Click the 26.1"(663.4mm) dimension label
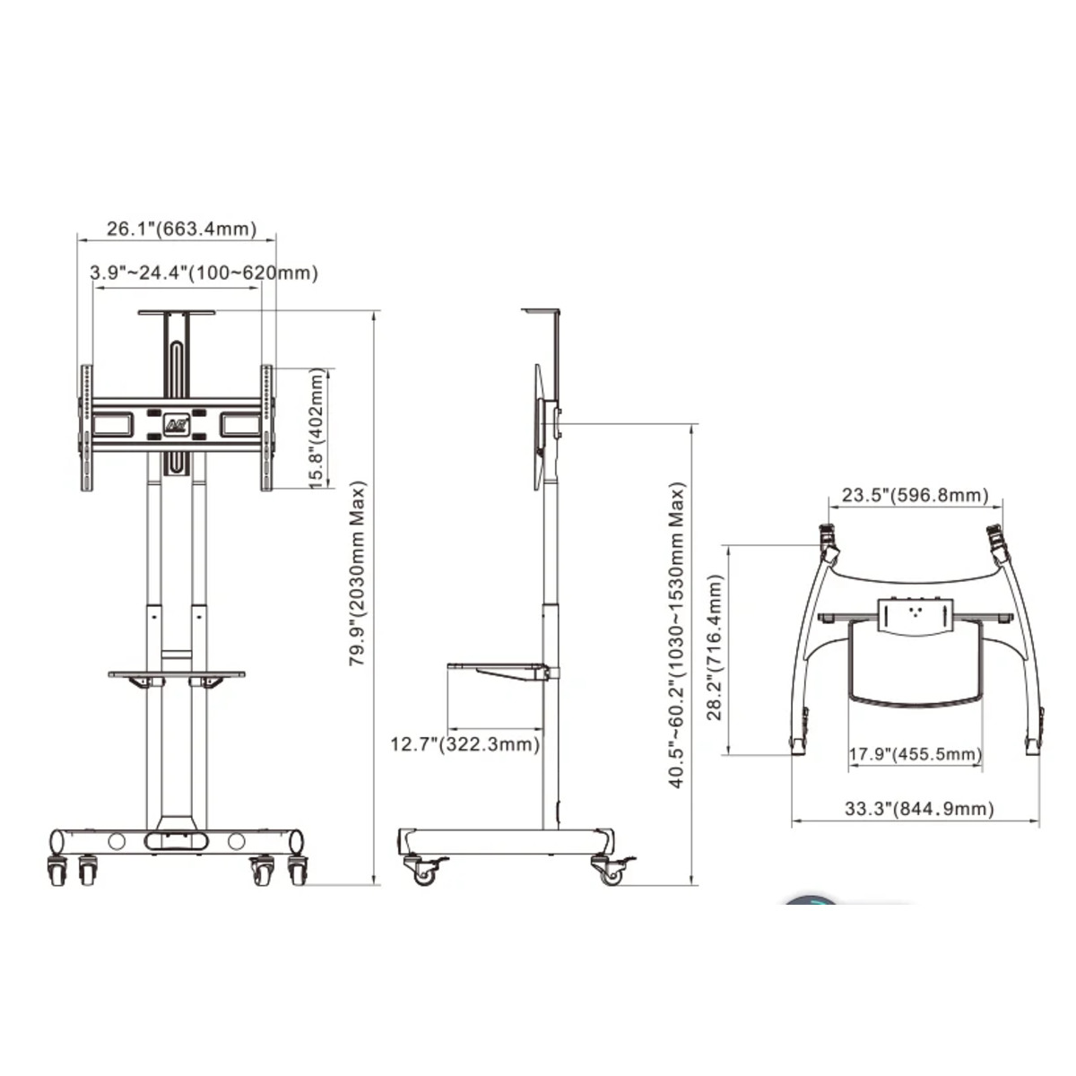tap(181, 229)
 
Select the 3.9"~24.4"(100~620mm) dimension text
tap(204, 273)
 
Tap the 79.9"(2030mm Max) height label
tap(357, 574)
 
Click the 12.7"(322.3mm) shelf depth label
tap(464, 744)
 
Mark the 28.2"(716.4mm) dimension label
tap(715, 648)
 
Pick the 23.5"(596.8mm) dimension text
tap(915, 495)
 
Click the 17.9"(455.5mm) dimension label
tap(915, 754)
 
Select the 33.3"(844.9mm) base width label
tap(918, 809)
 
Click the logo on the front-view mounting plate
tap(176, 424)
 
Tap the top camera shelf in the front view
tap(177, 313)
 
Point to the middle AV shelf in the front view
tap(177, 673)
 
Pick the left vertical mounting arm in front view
tap(86, 428)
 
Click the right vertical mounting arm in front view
tap(267, 428)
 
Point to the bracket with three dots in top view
tap(915, 616)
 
